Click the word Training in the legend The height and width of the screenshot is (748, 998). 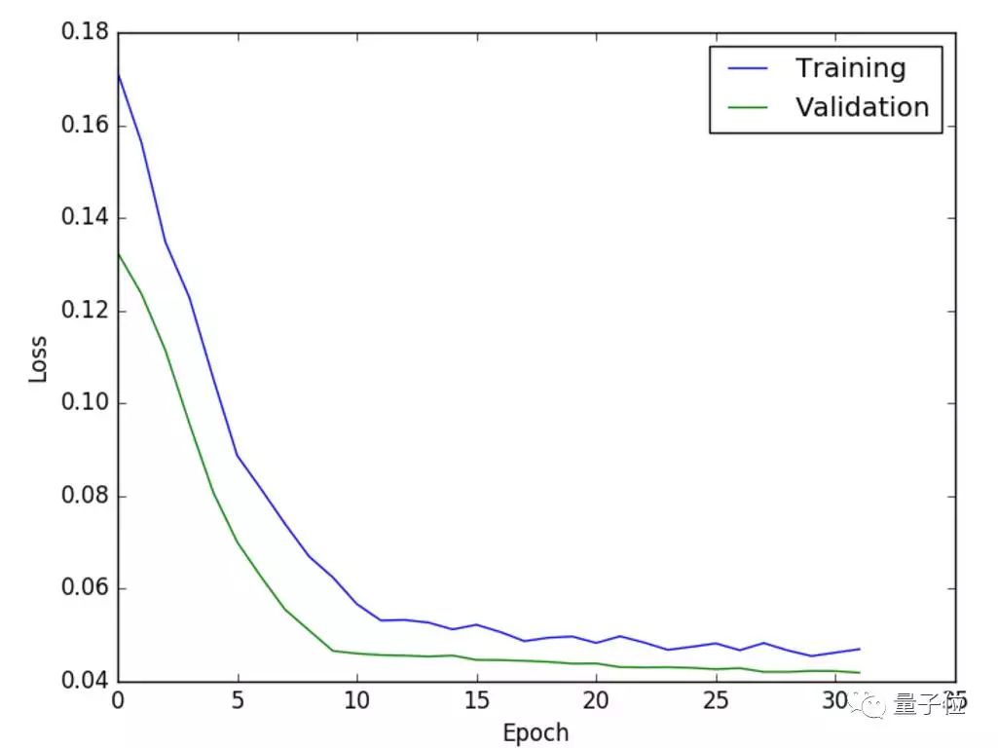850,68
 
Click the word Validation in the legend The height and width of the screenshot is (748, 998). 862,106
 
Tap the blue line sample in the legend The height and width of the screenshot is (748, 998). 746,69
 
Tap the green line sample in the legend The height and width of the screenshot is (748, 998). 746,107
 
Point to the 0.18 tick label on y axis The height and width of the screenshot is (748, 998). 84,33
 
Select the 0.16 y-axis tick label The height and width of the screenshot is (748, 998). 84,126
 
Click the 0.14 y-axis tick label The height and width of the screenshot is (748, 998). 84,218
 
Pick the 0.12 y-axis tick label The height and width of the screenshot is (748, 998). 84,311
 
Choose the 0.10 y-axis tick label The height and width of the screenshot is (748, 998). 84,403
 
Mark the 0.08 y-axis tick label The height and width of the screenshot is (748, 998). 84,496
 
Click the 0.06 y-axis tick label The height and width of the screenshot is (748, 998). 84,588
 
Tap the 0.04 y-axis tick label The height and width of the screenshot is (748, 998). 84,681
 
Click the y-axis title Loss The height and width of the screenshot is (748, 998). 38,357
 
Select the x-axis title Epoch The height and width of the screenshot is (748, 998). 535,731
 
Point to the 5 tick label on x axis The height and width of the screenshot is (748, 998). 238,701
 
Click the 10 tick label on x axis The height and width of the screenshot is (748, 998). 356,701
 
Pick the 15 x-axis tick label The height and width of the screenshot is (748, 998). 476,701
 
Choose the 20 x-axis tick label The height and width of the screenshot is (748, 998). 596,701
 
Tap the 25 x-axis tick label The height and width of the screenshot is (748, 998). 716,701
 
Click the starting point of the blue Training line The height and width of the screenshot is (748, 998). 118,73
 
